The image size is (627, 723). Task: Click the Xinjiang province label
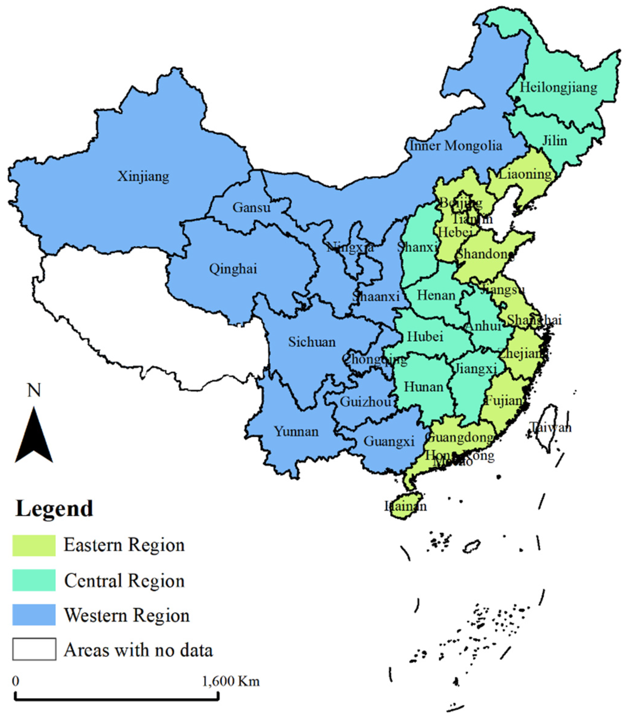point(143,177)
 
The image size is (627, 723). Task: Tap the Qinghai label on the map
point(233,269)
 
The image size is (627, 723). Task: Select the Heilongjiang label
point(558,87)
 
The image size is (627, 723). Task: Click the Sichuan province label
point(312,342)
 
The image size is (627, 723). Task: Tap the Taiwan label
point(550,427)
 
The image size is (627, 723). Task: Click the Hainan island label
point(406,506)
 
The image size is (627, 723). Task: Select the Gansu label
point(251,208)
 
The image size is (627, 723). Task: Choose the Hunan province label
point(424,387)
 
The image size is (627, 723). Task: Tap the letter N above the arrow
point(34,390)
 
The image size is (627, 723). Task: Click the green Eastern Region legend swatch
point(34,546)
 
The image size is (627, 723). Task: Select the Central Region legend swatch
point(34,581)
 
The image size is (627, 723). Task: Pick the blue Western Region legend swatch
point(34,615)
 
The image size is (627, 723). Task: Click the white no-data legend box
point(34,649)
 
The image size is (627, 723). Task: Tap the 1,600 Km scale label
point(231,681)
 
